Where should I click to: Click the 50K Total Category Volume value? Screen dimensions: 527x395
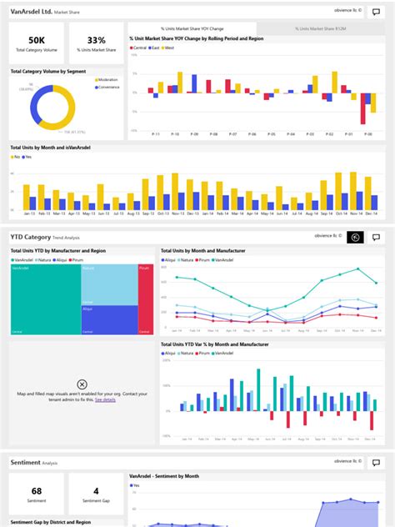[37, 40]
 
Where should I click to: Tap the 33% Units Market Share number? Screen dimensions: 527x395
[96, 40]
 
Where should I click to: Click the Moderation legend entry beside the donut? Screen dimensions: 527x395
[107, 80]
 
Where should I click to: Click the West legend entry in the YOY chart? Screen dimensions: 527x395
[169, 48]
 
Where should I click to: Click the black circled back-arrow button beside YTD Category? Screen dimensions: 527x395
[355, 237]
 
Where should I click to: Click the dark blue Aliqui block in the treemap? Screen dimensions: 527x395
[108, 319]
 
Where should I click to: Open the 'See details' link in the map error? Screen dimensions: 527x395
[105, 400]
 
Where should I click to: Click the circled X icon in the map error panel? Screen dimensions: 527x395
[82, 384]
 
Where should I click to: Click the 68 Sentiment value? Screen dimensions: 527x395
[37, 491]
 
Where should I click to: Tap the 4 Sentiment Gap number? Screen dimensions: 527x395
[96, 491]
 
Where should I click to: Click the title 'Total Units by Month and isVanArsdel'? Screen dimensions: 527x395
[50, 148]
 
